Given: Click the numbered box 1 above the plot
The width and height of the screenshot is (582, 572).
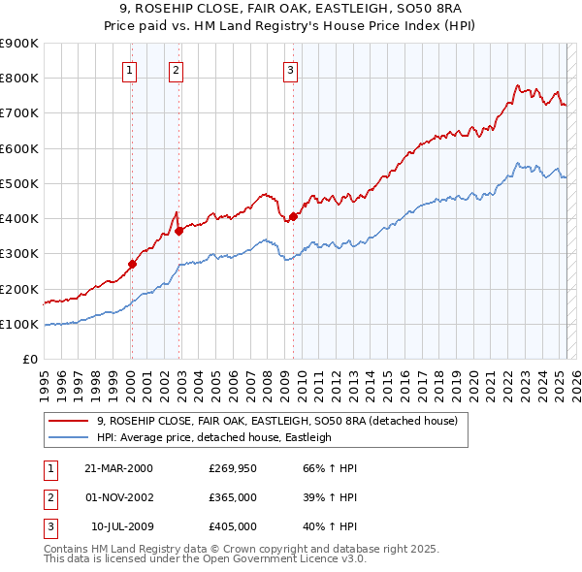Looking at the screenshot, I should (x=130, y=69).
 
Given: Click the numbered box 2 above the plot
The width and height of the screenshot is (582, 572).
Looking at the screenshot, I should (x=176, y=69).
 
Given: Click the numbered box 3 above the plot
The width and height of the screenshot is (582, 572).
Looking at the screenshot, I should (x=290, y=69).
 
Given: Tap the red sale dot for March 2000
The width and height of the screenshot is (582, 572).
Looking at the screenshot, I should (x=132, y=263).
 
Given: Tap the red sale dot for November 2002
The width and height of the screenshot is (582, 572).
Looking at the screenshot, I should (x=179, y=230).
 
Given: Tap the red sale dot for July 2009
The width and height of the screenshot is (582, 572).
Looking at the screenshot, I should (x=293, y=216).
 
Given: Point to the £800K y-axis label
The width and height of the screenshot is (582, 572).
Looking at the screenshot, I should (x=19, y=78).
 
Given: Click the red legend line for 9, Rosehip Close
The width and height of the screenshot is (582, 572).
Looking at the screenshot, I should (x=70, y=421).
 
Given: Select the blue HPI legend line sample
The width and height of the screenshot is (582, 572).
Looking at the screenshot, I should (x=70, y=437).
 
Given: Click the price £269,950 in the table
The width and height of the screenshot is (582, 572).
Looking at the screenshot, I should (x=233, y=468).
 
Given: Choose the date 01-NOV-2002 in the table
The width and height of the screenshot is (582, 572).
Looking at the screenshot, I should (x=119, y=497).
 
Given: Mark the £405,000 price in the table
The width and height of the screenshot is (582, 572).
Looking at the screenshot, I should (x=233, y=526).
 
